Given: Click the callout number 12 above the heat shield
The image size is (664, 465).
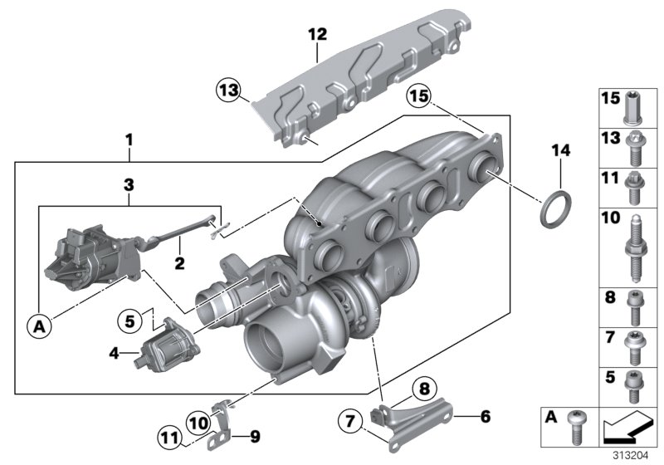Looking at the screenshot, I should click(318, 35).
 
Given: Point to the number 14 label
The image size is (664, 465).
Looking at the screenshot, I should click(562, 149).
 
